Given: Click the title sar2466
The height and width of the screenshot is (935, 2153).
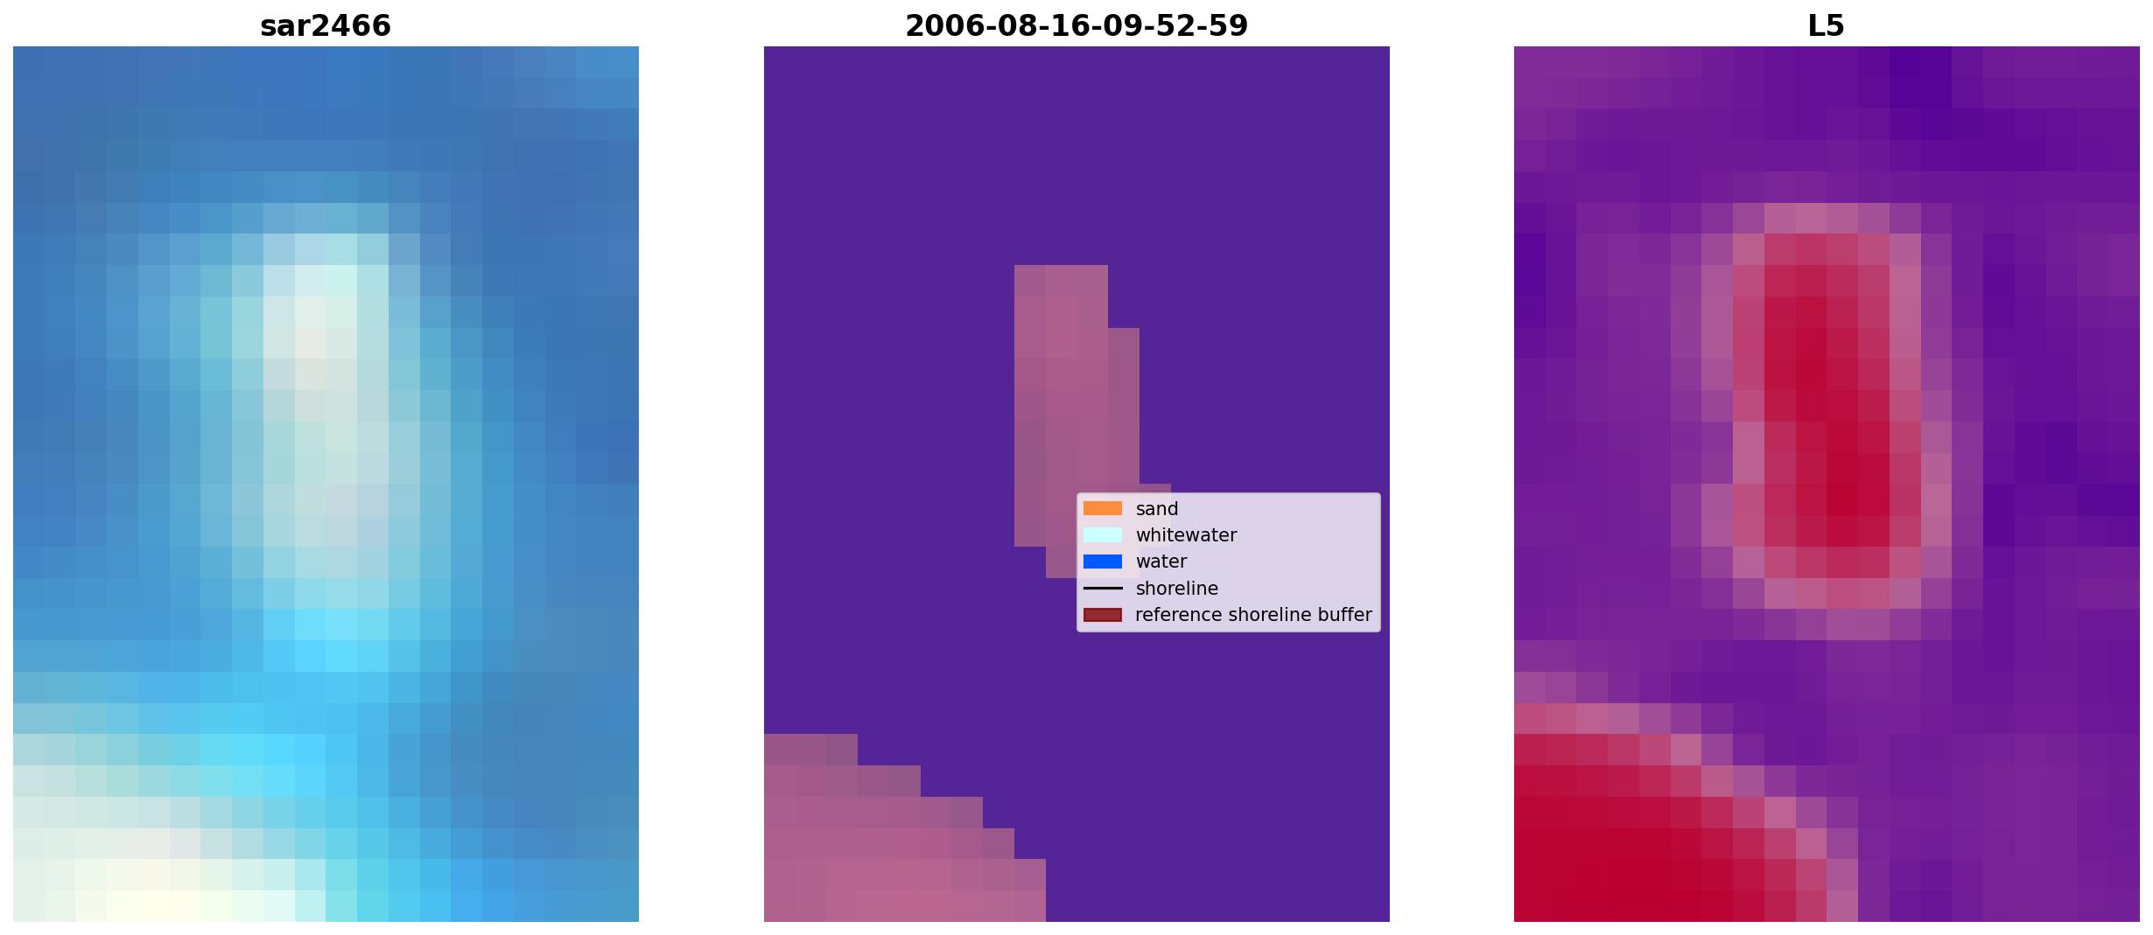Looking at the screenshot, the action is click(x=326, y=26).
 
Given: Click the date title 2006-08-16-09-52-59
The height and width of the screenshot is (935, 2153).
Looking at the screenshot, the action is click(x=1076, y=26).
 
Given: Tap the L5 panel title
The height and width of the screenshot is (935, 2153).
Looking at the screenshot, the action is click(x=1827, y=26).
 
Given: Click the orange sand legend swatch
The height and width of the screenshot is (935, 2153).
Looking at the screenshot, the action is click(x=1103, y=508).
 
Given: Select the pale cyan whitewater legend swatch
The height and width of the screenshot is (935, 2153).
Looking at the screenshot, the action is click(x=1103, y=534).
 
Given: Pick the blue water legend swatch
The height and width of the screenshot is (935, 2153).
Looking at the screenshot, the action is click(x=1103, y=562).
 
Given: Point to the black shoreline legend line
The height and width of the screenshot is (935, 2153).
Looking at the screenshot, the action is click(x=1103, y=588).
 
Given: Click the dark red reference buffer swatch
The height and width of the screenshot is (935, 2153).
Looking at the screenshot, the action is click(x=1103, y=615).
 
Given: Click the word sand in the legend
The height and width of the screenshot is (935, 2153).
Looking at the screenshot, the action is click(x=1157, y=509).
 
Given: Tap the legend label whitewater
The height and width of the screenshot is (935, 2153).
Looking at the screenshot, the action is click(x=1186, y=535).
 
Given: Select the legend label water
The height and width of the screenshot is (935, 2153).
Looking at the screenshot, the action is click(x=1161, y=562).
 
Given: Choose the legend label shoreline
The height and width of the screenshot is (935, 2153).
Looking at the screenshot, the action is click(x=1176, y=589).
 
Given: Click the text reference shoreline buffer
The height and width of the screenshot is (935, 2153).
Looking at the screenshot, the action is click(x=1253, y=615).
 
